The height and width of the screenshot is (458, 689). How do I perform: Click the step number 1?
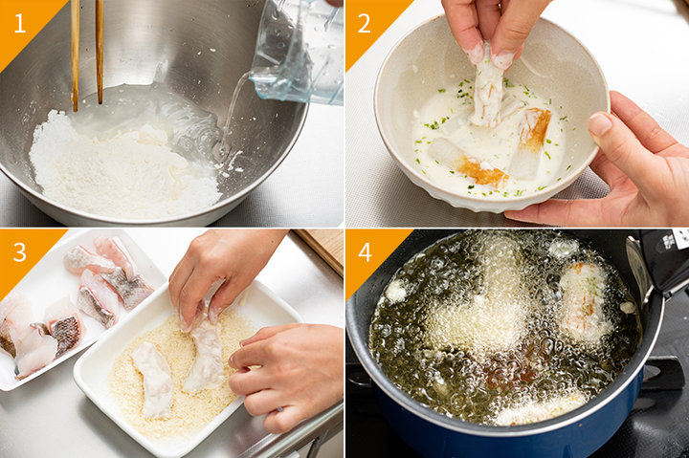point(20,23)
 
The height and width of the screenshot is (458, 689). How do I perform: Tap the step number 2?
point(365,23)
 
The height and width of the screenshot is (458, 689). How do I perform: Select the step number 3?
point(20,252)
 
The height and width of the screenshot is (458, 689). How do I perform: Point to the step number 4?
point(365,252)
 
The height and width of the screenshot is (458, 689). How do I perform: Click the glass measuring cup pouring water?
point(299,53)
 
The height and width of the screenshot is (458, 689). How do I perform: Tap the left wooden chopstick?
point(76,55)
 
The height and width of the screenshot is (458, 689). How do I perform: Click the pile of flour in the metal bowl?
point(123,171)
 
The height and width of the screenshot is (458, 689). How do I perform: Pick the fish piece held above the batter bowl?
point(487,88)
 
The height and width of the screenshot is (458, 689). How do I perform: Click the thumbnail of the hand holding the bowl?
point(600,124)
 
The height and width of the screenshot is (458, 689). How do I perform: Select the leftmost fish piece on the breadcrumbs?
point(153,380)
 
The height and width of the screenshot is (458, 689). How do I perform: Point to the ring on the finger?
point(279,409)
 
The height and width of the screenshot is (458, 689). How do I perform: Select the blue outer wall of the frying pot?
point(505,435)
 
